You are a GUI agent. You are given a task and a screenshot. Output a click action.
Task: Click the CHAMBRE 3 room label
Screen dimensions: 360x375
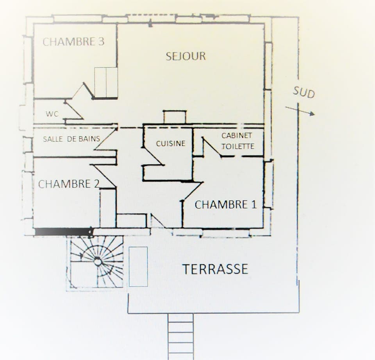73,42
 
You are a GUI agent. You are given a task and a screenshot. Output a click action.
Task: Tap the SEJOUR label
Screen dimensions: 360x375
186,56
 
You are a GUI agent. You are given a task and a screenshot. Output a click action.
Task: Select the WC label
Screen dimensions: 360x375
52,114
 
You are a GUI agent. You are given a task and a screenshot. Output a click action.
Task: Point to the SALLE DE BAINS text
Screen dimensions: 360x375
71,139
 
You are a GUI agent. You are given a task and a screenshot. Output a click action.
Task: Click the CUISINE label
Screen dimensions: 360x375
171,143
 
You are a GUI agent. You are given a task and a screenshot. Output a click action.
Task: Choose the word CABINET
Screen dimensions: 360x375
237,136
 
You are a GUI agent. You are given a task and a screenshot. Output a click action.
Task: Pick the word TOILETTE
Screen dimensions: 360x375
238,147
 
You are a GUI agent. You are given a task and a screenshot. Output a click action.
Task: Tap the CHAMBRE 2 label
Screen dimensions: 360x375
69,184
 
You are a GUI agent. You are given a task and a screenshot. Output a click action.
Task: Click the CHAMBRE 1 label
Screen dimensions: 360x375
226,204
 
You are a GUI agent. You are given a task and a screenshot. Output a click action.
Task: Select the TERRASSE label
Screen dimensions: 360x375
215,269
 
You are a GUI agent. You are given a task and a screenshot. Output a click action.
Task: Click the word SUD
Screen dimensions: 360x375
304,93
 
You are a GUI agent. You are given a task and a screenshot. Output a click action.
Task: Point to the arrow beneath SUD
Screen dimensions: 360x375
300,111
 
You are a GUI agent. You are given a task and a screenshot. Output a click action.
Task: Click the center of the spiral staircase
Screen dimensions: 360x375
98,261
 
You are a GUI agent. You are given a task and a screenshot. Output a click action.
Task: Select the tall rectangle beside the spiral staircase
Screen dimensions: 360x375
138,267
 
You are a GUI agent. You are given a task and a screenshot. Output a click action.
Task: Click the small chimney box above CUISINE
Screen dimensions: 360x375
175,117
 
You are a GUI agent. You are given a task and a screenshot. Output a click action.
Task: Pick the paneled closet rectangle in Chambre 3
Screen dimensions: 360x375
106,82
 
